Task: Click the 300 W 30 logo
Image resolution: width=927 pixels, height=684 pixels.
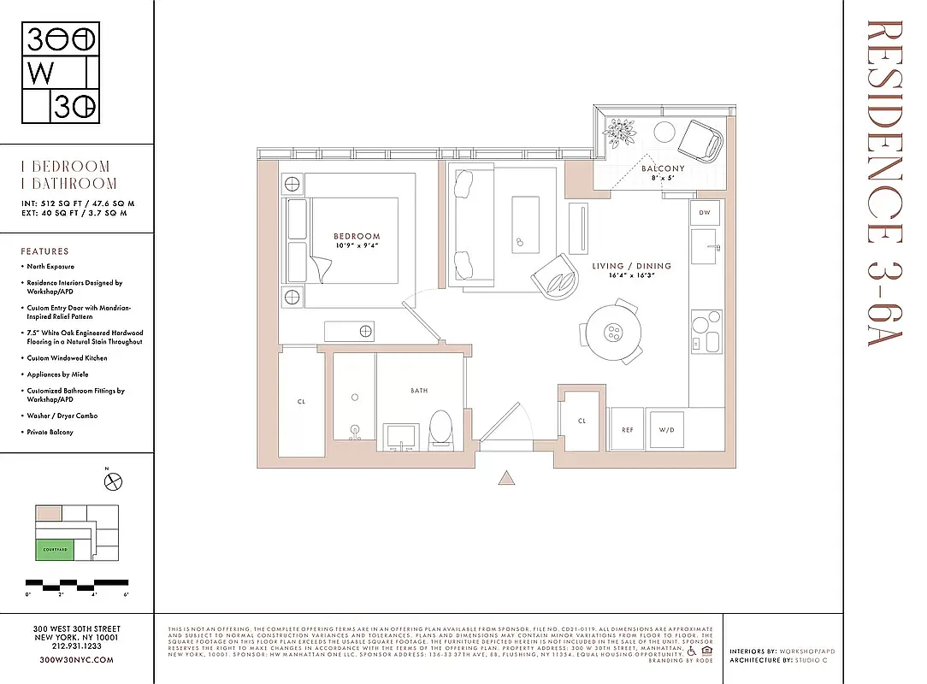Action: (61, 73)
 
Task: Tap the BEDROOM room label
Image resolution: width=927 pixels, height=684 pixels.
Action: (357, 236)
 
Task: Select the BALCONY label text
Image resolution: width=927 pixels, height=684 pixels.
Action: (663, 169)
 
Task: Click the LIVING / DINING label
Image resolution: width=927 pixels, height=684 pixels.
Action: (631, 266)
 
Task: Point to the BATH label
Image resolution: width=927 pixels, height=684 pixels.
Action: (419, 391)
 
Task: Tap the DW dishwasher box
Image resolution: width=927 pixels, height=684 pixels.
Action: (705, 212)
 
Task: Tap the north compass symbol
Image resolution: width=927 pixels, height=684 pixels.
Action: (113, 483)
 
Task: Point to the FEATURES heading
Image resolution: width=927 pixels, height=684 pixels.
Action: (44, 251)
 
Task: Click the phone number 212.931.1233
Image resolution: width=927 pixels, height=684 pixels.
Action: (77, 647)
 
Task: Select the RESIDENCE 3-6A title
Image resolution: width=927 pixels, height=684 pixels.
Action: (884, 184)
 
